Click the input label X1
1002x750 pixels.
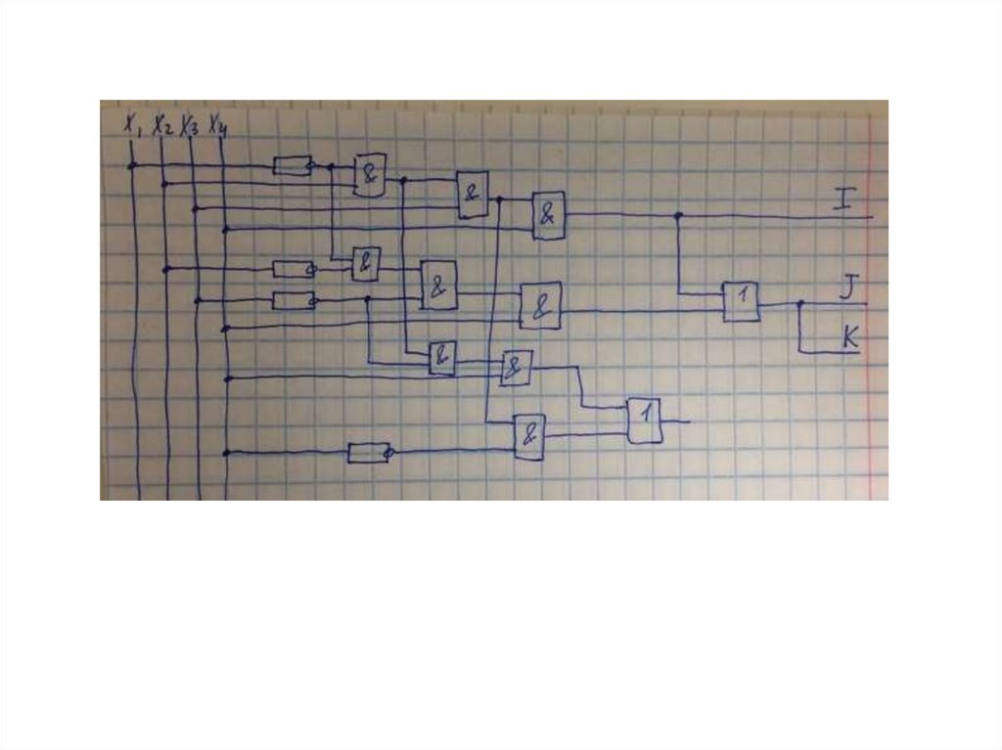coord(131,124)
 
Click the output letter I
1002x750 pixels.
coord(843,201)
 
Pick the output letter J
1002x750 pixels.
coord(848,287)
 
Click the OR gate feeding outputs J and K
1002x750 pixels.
coord(741,301)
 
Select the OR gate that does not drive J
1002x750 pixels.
coord(644,420)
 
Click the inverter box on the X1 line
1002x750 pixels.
coord(291,165)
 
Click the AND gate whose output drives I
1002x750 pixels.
coord(549,214)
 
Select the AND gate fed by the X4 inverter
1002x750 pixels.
coord(529,437)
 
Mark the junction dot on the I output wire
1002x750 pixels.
coord(678,214)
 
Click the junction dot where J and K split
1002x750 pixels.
coord(799,304)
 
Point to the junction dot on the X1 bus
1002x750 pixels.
coord(131,165)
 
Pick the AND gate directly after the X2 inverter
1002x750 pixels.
coord(365,263)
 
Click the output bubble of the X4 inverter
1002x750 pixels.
coord(389,453)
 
